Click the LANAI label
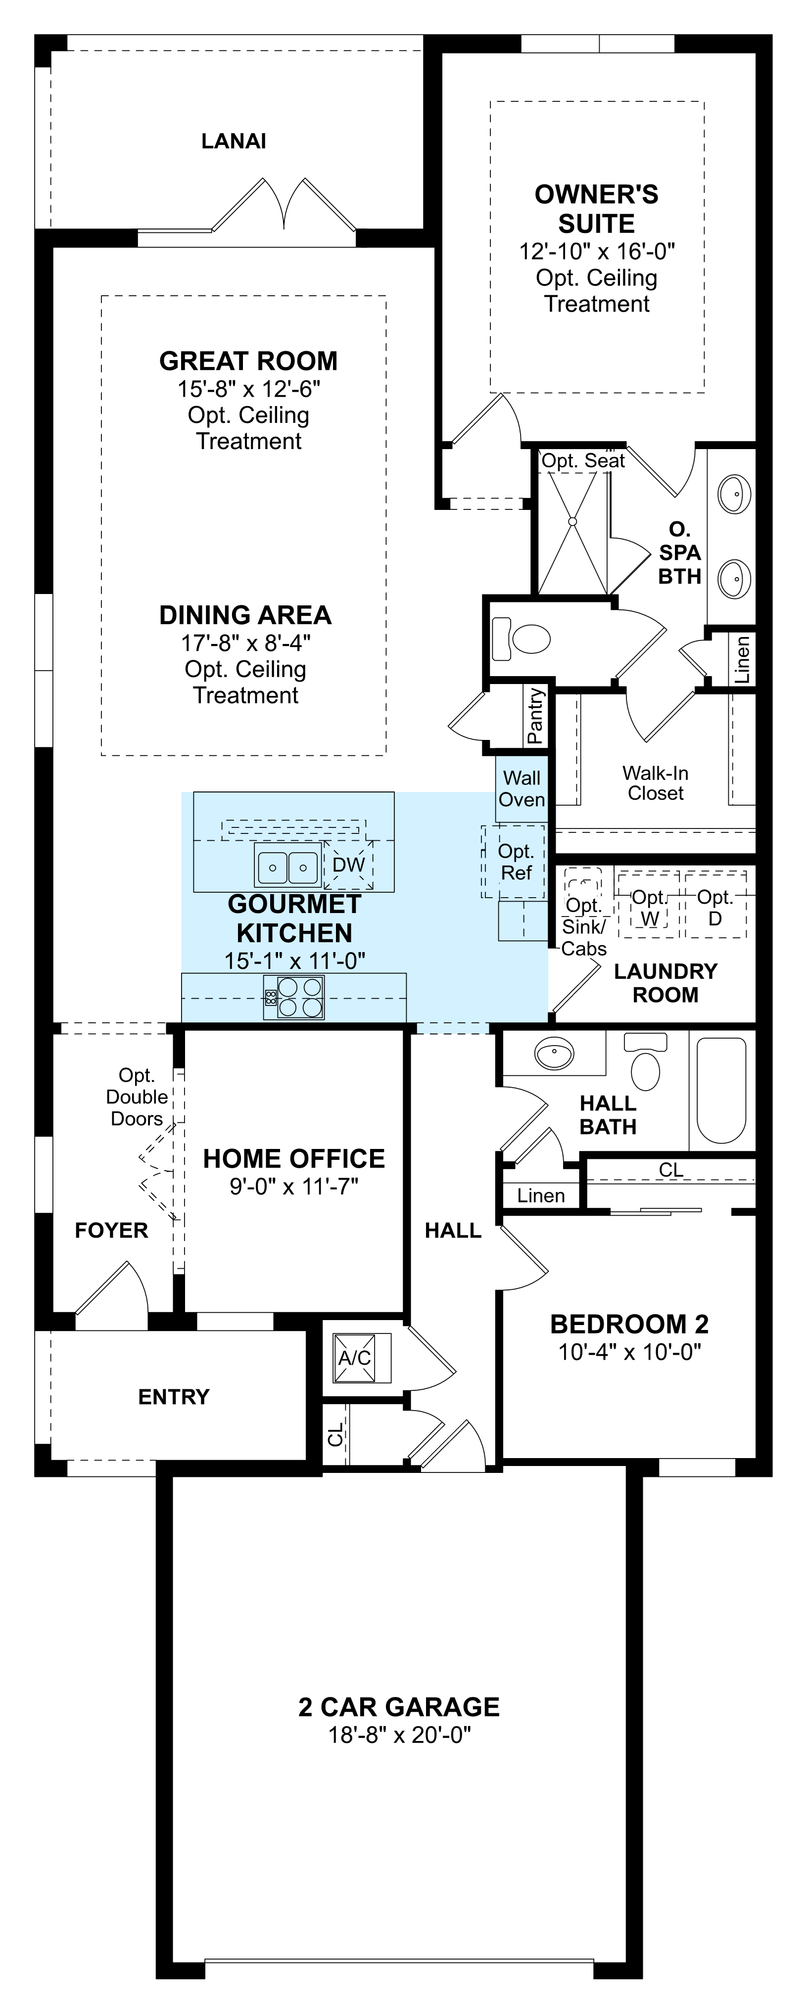coord(233,141)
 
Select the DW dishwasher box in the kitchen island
coord(348,865)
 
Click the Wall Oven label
coord(522,788)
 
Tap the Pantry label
coord(535,716)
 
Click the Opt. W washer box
coord(649,908)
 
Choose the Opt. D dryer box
coord(714,908)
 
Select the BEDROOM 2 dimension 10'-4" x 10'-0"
coord(629,1352)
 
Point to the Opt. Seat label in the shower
coord(583,461)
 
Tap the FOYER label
coord(111,1231)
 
